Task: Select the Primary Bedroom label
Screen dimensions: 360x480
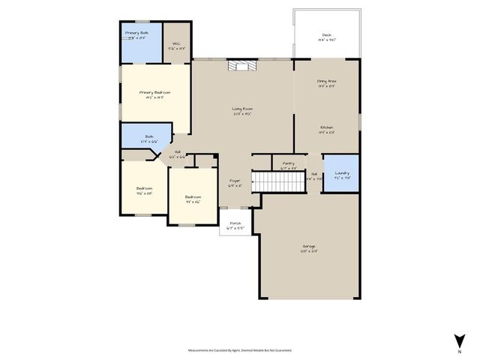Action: point(150,94)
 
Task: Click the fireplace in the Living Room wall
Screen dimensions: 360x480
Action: point(241,66)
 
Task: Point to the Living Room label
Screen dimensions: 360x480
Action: point(241,111)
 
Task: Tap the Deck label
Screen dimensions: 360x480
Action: point(326,36)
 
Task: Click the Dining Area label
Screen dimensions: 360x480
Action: point(326,82)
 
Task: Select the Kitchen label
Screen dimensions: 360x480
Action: point(326,129)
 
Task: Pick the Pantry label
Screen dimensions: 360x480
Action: point(288,164)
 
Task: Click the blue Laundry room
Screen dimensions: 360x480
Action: point(340,173)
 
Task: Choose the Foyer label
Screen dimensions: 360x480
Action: point(235,182)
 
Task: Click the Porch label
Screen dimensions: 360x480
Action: point(235,224)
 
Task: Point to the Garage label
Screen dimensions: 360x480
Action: point(308,247)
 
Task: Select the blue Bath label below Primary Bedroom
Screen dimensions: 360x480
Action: point(149,138)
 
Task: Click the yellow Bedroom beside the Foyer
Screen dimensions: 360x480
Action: point(193,199)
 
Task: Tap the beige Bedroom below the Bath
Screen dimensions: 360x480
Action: point(144,189)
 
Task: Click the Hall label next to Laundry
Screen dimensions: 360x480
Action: point(315,175)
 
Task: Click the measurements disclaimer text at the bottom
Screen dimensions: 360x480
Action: point(240,349)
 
